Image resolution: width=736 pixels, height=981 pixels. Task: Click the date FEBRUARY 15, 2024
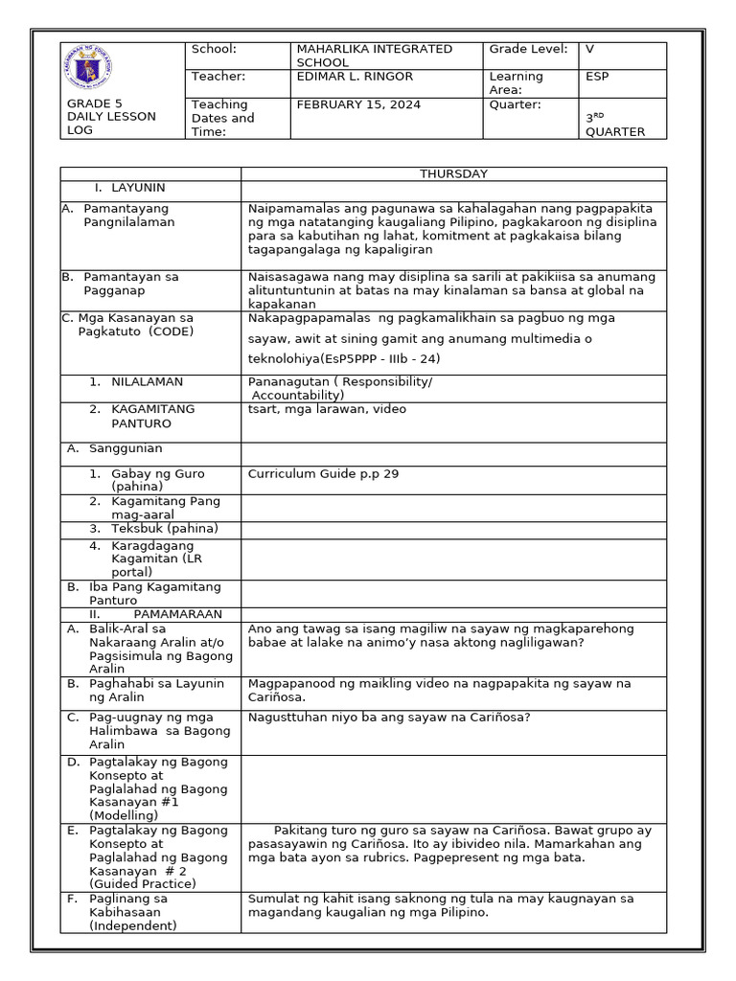point(358,104)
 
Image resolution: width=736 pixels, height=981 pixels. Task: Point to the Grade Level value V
point(589,49)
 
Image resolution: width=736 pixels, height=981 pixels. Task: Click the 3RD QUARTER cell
point(615,125)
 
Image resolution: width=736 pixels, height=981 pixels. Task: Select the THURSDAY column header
point(453,173)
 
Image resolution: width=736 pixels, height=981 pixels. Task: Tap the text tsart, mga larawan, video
point(327,409)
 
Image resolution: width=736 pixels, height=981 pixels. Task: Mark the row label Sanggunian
point(126,447)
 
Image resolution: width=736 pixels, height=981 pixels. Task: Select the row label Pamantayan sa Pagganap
point(130,283)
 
